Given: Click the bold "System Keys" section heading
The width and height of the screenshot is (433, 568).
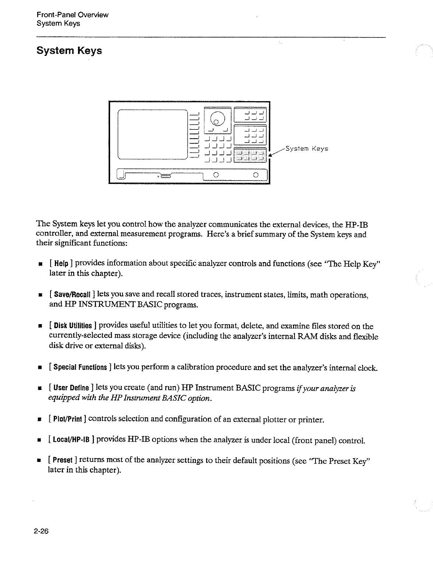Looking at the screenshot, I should point(69,50).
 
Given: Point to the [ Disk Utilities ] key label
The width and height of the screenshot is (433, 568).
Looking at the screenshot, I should point(73,326).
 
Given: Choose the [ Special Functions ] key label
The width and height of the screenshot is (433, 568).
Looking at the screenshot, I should point(80,368).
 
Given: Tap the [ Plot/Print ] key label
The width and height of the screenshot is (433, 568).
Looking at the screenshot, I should point(67,419).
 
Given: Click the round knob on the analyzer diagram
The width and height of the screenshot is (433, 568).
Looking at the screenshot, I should point(217,117).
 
